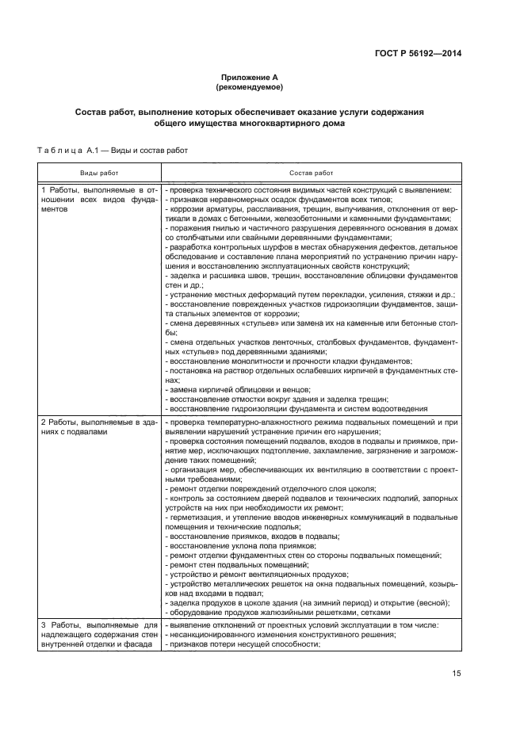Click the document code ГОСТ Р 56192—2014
(x=419, y=53)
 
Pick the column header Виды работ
(x=99, y=172)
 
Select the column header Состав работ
(x=312, y=172)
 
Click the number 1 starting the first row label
(x=44, y=191)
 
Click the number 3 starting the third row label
(x=44, y=625)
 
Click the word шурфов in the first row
(x=256, y=247)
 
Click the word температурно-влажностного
(x=244, y=423)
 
